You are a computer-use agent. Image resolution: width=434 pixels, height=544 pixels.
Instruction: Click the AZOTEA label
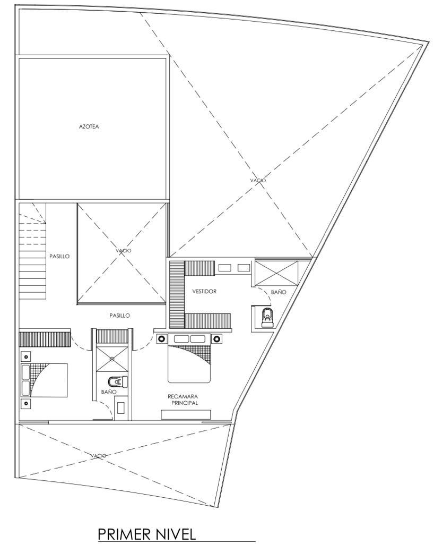pyautogui.click(x=89, y=126)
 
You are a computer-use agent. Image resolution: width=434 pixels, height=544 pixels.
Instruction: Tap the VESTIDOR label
pyautogui.click(x=204, y=292)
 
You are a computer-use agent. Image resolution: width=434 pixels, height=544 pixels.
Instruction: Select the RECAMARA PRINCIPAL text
pyautogui.click(x=183, y=399)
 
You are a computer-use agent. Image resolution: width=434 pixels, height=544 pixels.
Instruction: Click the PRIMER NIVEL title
pyautogui.click(x=147, y=533)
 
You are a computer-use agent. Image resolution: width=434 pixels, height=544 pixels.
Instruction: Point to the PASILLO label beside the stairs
pyautogui.click(x=59, y=257)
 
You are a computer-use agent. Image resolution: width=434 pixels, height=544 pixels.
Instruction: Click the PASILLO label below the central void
pyautogui.click(x=119, y=316)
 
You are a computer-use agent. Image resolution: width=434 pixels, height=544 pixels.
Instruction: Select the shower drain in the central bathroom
pyautogui.click(x=112, y=359)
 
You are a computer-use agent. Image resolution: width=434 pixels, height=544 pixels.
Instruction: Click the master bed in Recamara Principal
pyautogui.click(x=189, y=358)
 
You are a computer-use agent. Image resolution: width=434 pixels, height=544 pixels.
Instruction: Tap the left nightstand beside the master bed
pyautogui.click(x=161, y=338)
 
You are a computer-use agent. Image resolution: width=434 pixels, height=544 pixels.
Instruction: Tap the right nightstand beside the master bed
pyautogui.click(x=217, y=338)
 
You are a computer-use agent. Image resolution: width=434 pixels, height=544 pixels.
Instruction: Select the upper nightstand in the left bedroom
pyautogui.click(x=26, y=356)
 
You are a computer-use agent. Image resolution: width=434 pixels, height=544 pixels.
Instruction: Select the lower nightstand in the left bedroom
pyautogui.click(x=26, y=404)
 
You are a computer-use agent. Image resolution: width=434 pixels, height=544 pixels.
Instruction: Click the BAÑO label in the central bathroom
pyautogui.click(x=108, y=392)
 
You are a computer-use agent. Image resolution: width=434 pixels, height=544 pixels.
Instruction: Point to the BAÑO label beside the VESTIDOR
pyautogui.click(x=279, y=292)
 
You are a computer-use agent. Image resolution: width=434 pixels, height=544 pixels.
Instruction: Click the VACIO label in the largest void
pyautogui.click(x=258, y=181)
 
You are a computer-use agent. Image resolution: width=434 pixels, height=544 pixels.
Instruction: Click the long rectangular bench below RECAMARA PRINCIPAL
pyautogui.click(x=186, y=414)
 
